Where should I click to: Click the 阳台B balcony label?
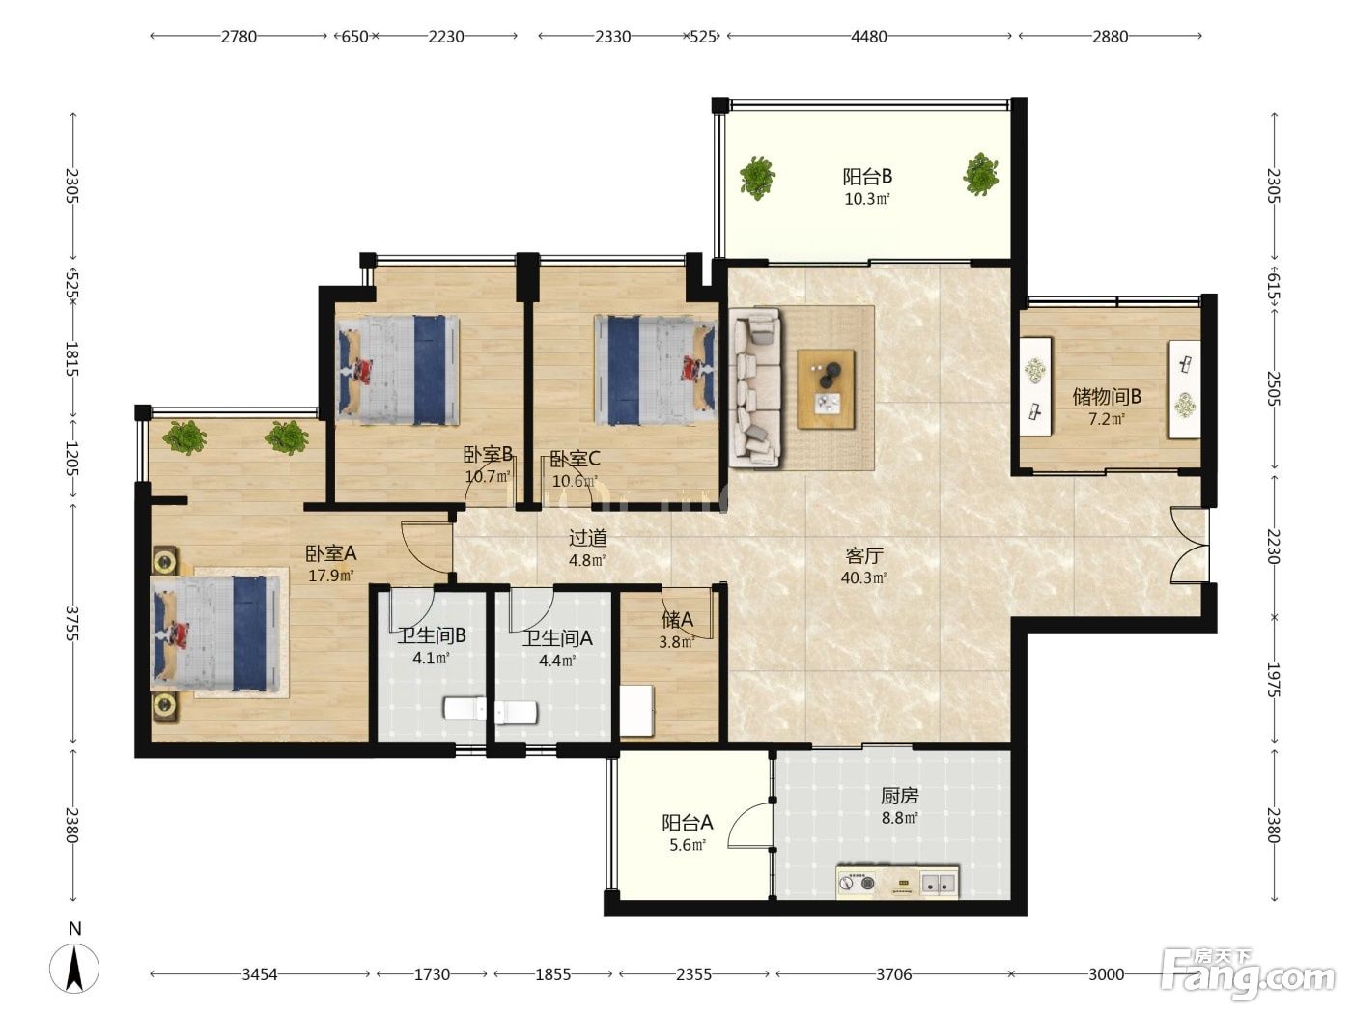(867, 178)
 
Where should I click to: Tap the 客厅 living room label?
(864, 556)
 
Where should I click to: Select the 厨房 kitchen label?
(899, 796)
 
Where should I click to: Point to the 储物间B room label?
(1107, 397)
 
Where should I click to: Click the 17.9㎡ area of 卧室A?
(331, 577)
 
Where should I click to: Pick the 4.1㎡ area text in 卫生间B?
(431, 658)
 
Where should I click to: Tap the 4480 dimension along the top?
(868, 37)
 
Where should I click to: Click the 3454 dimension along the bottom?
(260, 974)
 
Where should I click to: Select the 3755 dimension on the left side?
(72, 623)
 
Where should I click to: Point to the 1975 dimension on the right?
(1274, 680)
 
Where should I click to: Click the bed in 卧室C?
(656, 370)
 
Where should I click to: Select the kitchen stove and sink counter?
(897, 883)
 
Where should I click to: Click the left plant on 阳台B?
(757, 178)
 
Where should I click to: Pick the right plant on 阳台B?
(980, 174)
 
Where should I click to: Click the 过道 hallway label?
(587, 538)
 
